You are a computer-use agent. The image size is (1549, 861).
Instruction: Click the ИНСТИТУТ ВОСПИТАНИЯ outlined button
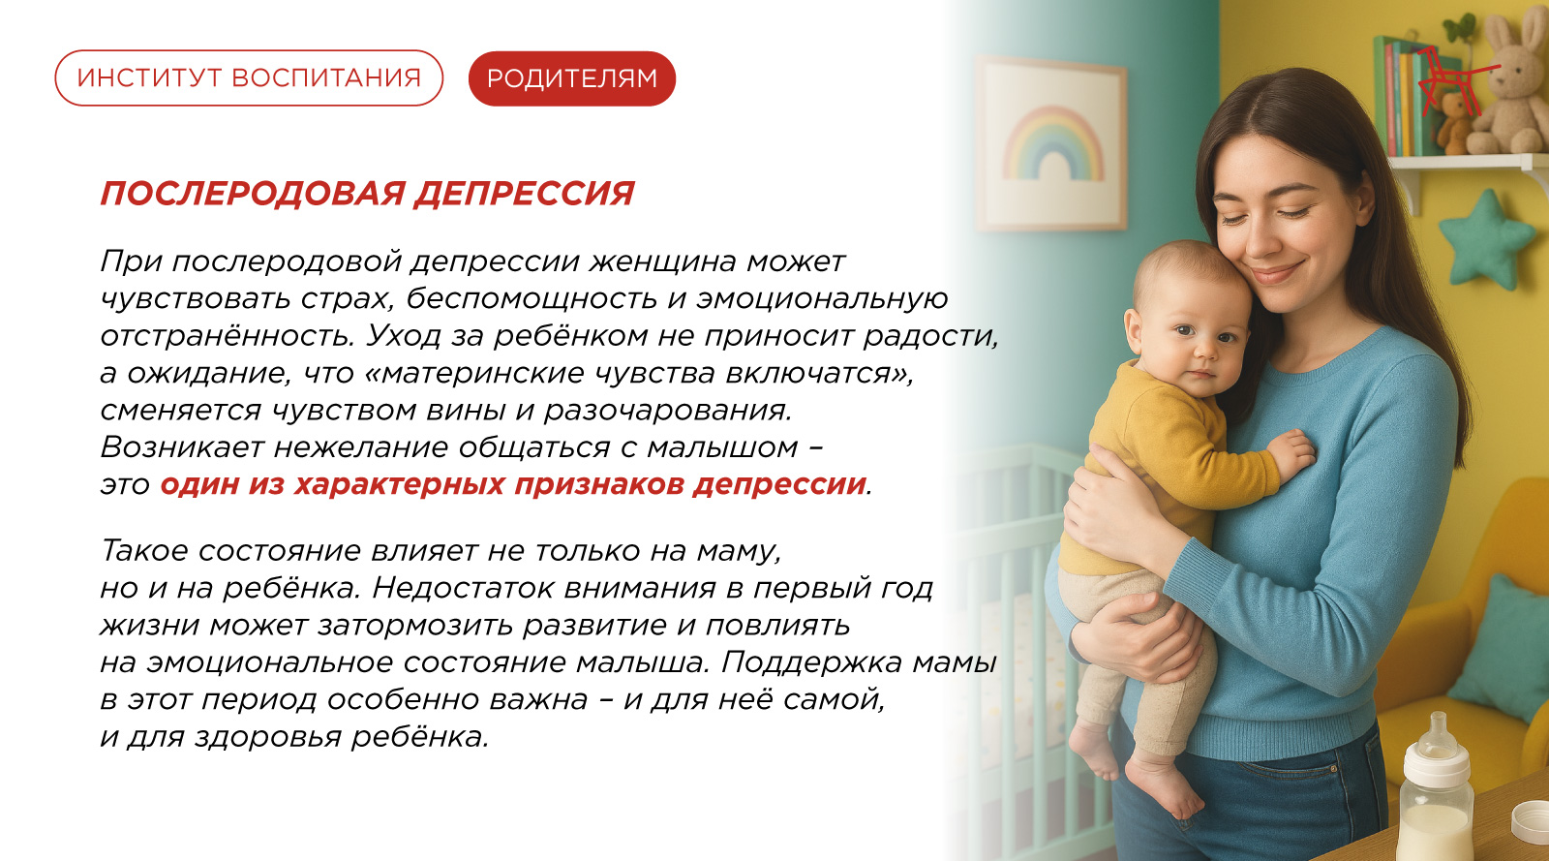point(249,78)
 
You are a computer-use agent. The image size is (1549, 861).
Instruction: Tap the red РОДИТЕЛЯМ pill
point(572,78)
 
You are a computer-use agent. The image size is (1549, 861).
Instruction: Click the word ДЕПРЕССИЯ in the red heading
point(524,194)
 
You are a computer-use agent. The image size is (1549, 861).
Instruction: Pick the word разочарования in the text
point(667,411)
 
